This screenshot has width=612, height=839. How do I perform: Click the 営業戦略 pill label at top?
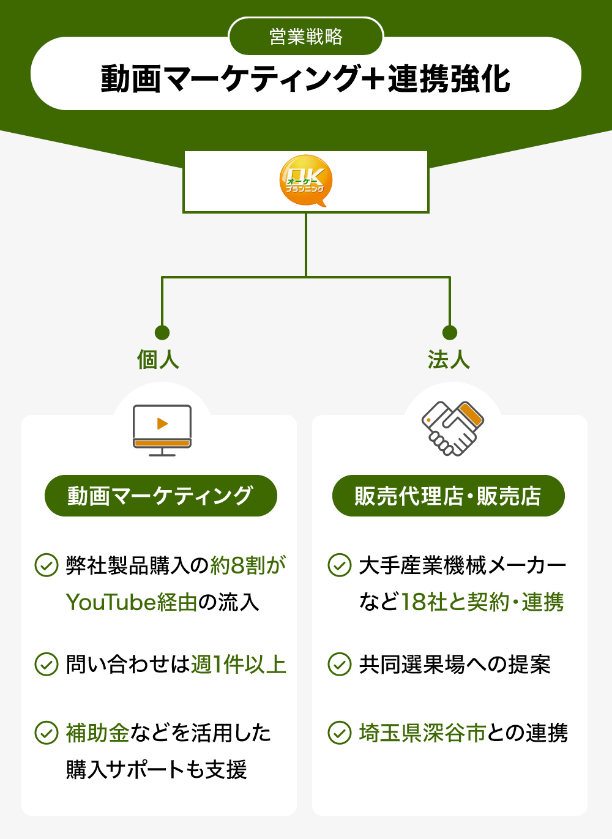(306, 37)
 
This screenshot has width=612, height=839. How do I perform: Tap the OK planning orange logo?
(306, 181)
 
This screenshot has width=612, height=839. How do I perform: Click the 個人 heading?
(158, 359)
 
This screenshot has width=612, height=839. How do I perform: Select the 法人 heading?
(449, 359)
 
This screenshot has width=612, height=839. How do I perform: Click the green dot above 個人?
(162, 332)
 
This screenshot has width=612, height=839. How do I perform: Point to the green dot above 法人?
(450, 332)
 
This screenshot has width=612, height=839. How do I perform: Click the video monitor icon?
(162, 430)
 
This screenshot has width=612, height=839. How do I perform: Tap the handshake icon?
(453, 428)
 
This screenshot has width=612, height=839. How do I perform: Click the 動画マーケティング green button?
(160, 496)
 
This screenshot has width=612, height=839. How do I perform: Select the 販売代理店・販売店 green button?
(448, 496)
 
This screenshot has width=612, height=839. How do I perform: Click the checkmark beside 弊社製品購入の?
(47, 565)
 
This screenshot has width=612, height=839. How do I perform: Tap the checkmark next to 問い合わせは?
(47, 664)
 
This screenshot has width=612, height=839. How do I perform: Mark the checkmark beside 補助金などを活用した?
(47, 733)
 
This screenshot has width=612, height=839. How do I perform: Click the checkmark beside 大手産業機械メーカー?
(340, 565)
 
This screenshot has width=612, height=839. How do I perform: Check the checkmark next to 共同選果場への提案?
(340, 664)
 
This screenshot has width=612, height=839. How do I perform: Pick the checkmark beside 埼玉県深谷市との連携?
(340, 733)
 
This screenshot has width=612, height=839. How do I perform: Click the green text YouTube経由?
(132, 602)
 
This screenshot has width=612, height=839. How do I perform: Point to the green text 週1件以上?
(239, 664)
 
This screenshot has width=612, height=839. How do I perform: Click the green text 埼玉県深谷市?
(422, 733)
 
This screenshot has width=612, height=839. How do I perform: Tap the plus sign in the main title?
(373, 80)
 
